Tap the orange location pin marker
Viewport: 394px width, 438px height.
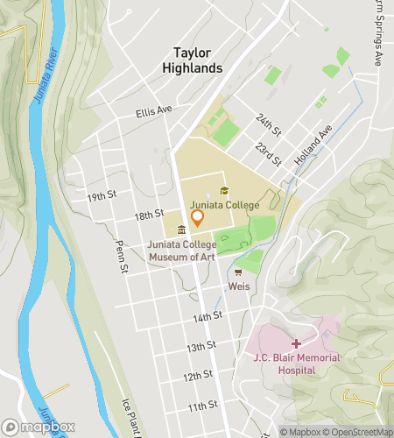(x=198, y=217)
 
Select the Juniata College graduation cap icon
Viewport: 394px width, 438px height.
(x=224, y=191)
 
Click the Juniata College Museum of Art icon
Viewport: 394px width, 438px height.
(x=181, y=230)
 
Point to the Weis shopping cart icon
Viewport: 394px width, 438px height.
(x=237, y=272)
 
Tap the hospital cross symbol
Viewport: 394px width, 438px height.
(x=296, y=343)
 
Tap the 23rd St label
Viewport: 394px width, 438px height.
(x=269, y=155)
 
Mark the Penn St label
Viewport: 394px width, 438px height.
(x=123, y=254)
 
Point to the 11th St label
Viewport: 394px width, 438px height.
(x=201, y=406)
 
